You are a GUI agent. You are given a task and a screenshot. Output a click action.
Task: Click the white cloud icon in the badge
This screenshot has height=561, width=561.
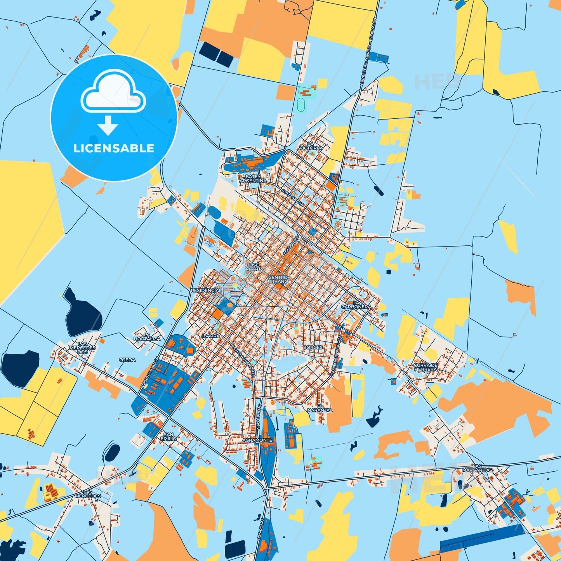coord(113,92)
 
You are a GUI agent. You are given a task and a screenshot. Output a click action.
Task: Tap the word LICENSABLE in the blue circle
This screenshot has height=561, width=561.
coord(114,148)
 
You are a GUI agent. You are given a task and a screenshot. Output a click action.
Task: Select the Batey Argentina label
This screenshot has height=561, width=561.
coord(253,179)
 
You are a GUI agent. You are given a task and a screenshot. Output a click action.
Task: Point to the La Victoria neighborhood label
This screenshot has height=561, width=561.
coord(311,146)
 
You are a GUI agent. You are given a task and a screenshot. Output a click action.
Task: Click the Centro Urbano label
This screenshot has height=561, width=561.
coord(278,279)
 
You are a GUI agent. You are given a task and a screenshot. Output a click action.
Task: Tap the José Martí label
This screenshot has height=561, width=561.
coord(253,267)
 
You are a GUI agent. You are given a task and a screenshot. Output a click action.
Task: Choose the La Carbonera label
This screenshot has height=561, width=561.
coord(356,305)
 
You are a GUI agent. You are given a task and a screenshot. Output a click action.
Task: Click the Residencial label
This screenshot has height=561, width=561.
coord(206,290)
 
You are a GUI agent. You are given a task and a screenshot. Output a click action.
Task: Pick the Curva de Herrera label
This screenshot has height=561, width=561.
coord(426,367)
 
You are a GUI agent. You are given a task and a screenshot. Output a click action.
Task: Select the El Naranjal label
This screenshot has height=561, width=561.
coord(320,408)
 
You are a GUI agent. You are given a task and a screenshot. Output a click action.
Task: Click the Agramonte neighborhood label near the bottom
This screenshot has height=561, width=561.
coord(257,440)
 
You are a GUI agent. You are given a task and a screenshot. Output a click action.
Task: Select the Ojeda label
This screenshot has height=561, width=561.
coord(127,360)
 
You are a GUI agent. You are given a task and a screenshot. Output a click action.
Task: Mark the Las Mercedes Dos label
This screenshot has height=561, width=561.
coord(82,347)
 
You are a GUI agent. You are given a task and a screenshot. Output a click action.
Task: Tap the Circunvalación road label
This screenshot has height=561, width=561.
coord(149,373)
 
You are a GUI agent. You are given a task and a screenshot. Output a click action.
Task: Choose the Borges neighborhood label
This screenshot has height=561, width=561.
coord(313,347)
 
